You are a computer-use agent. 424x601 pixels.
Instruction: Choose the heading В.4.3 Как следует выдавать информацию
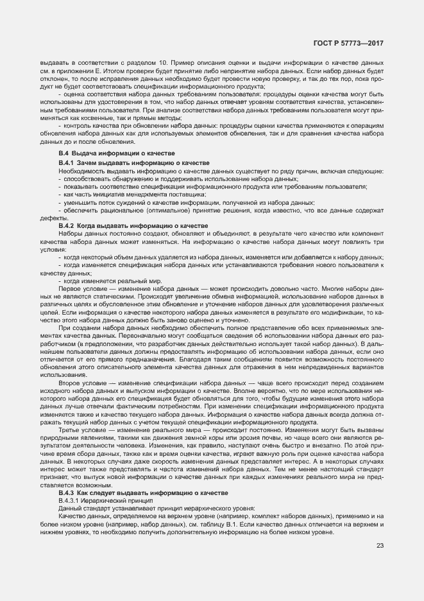tap(142, 492)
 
